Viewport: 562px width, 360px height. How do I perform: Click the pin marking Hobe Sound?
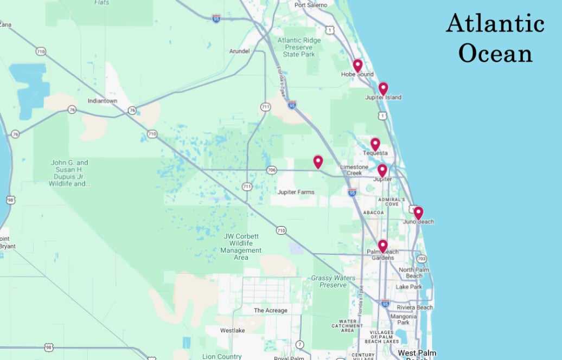tap(357, 66)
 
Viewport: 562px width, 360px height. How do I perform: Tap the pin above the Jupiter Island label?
tap(383, 88)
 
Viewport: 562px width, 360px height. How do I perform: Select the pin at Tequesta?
tap(375, 144)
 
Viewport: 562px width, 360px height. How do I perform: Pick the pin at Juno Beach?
tap(418, 213)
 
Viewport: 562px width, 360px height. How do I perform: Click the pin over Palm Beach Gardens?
tap(382, 246)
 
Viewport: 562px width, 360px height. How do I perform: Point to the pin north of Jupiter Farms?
tap(318, 162)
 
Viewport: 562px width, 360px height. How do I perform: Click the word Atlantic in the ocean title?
tap(495, 24)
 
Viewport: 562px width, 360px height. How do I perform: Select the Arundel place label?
tap(239, 51)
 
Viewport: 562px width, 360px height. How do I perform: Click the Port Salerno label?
tap(311, 5)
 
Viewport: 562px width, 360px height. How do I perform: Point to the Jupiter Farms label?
tap(296, 192)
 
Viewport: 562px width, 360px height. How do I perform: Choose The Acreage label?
tap(271, 310)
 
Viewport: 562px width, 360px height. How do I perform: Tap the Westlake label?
tap(232, 330)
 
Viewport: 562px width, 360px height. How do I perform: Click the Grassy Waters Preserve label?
tap(329, 281)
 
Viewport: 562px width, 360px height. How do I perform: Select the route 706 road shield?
tap(272, 170)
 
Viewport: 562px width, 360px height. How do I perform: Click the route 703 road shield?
tap(421, 258)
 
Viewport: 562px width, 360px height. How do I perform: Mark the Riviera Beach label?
tap(414, 307)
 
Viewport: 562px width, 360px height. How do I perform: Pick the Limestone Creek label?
tap(354, 170)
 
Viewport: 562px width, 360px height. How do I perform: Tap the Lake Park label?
tap(408, 287)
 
